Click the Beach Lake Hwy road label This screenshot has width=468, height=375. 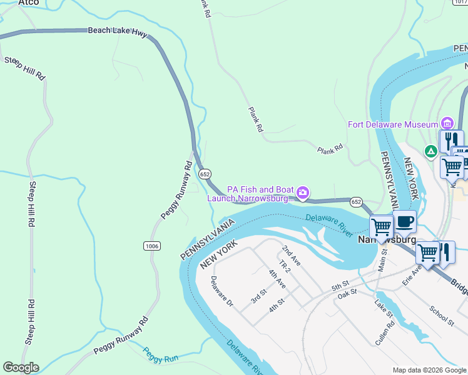pyautogui.click(x=117, y=30)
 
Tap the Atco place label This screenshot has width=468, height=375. pyautogui.click(x=28, y=3)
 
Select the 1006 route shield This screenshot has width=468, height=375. pyautogui.click(x=151, y=246)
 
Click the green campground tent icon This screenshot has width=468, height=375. pyautogui.click(x=430, y=151)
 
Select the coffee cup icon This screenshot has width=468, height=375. pyautogui.click(x=404, y=221)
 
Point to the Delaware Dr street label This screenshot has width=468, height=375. pyautogui.click(x=221, y=292)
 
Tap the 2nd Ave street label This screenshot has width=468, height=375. pyautogui.click(x=291, y=256)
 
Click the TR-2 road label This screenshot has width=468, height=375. pyautogui.click(x=285, y=267)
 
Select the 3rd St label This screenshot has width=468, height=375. pyautogui.click(x=258, y=296)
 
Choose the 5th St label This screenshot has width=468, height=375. pyautogui.click(x=340, y=287)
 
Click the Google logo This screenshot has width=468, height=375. pyautogui.click(x=21, y=367)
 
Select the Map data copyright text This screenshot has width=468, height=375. pyautogui.click(x=429, y=370)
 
